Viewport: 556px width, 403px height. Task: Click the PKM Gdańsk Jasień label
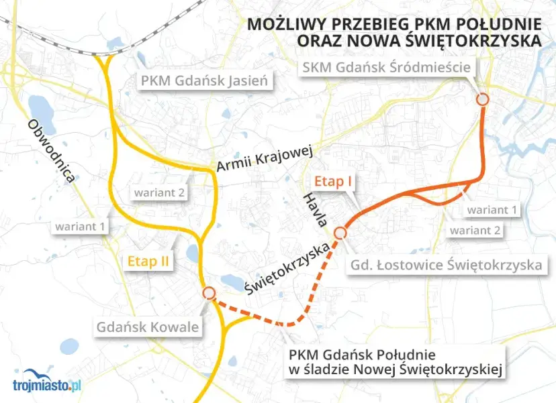coord(204,82)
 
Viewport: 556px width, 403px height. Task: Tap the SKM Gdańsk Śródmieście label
coord(387,66)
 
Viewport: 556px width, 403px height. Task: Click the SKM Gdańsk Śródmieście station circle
coord(482,99)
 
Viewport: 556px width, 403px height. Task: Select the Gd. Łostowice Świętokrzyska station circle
coord(340,233)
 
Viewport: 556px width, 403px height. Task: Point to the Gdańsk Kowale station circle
coord(209,293)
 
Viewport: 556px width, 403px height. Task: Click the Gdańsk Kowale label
coord(148,328)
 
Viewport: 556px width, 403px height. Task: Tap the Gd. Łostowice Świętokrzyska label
coord(446,265)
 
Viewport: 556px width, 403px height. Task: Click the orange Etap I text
coord(334,181)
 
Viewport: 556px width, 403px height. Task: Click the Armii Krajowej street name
coord(266,160)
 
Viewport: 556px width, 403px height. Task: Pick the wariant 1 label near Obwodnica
coord(80,227)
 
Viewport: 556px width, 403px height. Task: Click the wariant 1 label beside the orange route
coord(493,210)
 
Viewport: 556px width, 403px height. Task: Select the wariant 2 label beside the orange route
coord(475,231)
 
